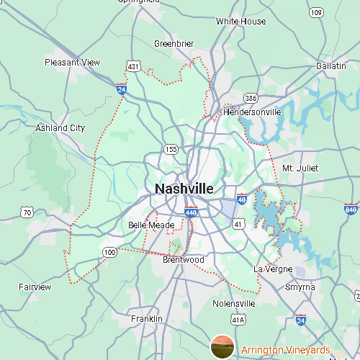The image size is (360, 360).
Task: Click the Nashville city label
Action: [184, 189]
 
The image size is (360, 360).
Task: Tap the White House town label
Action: [240, 22]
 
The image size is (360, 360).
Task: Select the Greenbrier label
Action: [174, 44]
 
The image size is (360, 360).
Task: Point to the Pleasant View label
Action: [72, 63]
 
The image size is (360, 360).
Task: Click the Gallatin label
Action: [331, 66]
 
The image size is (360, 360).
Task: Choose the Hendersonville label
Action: [252, 113]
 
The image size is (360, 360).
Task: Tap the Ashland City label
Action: [60, 128]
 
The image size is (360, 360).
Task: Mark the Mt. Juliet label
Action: [300, 168]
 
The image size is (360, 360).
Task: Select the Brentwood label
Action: [183, 260]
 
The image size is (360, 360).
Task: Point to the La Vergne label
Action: [273, 269]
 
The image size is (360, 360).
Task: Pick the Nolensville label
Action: [234, 304]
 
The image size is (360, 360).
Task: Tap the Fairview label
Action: [35, 287]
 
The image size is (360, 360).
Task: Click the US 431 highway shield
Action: [133, 66]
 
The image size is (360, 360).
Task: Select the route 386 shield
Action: [251, 97]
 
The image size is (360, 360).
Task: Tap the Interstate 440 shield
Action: [191, 213]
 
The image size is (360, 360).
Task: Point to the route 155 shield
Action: [171, 150]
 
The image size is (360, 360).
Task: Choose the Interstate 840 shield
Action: [351, 210]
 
